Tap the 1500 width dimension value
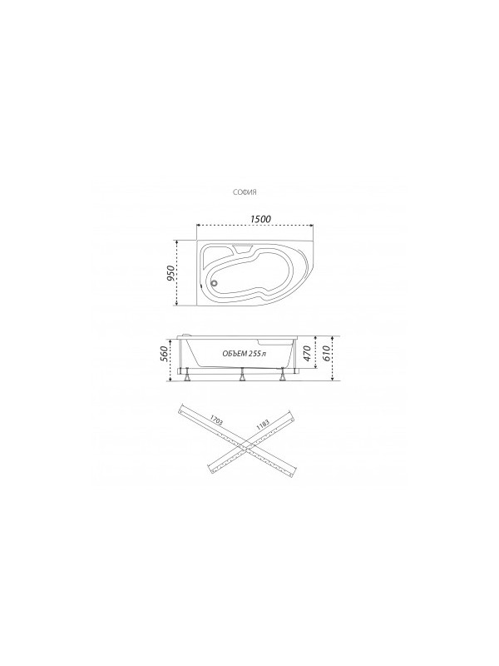[260, 218]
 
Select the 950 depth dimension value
[170, 274]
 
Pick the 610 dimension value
[328, 353]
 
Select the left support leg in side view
[190, 376]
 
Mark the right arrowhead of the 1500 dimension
[311, 225]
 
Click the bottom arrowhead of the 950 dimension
[176, 306]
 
